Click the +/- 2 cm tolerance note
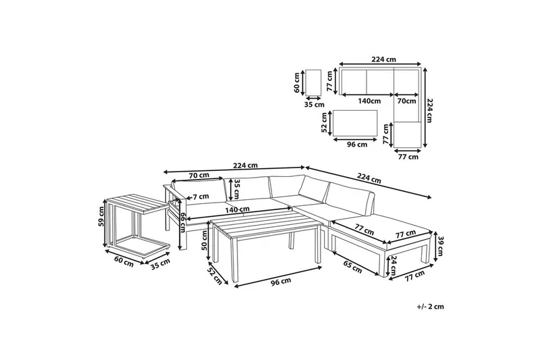coord(430,307)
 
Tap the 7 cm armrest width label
coord(200,197)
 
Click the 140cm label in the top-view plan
coord(369,101)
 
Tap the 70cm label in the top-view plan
coord(406,101)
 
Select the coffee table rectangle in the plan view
coord(355,123)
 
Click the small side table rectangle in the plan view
coord(313,82)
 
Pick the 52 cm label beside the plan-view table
coord(325,123)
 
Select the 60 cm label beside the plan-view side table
coord(296,82)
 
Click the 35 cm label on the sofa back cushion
coord(237,190)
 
